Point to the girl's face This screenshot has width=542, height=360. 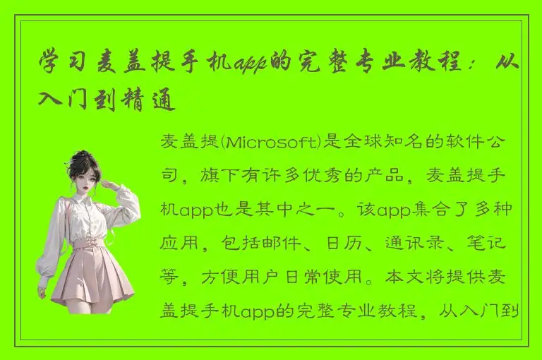[86, 181]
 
